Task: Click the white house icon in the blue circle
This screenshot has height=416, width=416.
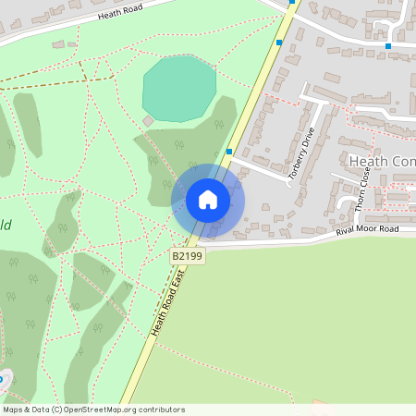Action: (x=208, y=200)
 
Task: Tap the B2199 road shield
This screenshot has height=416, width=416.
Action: (x=186, y=254)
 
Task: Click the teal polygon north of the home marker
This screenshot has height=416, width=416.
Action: (x=179, y=87)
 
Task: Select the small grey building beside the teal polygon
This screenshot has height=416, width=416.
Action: (x=148, y=120)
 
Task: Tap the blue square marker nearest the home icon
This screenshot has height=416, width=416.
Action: (x=229, y=151)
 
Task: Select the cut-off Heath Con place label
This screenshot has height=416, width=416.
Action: (x=381, y=162)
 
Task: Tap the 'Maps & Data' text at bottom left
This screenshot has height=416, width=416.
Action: (x=25, y=410)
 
